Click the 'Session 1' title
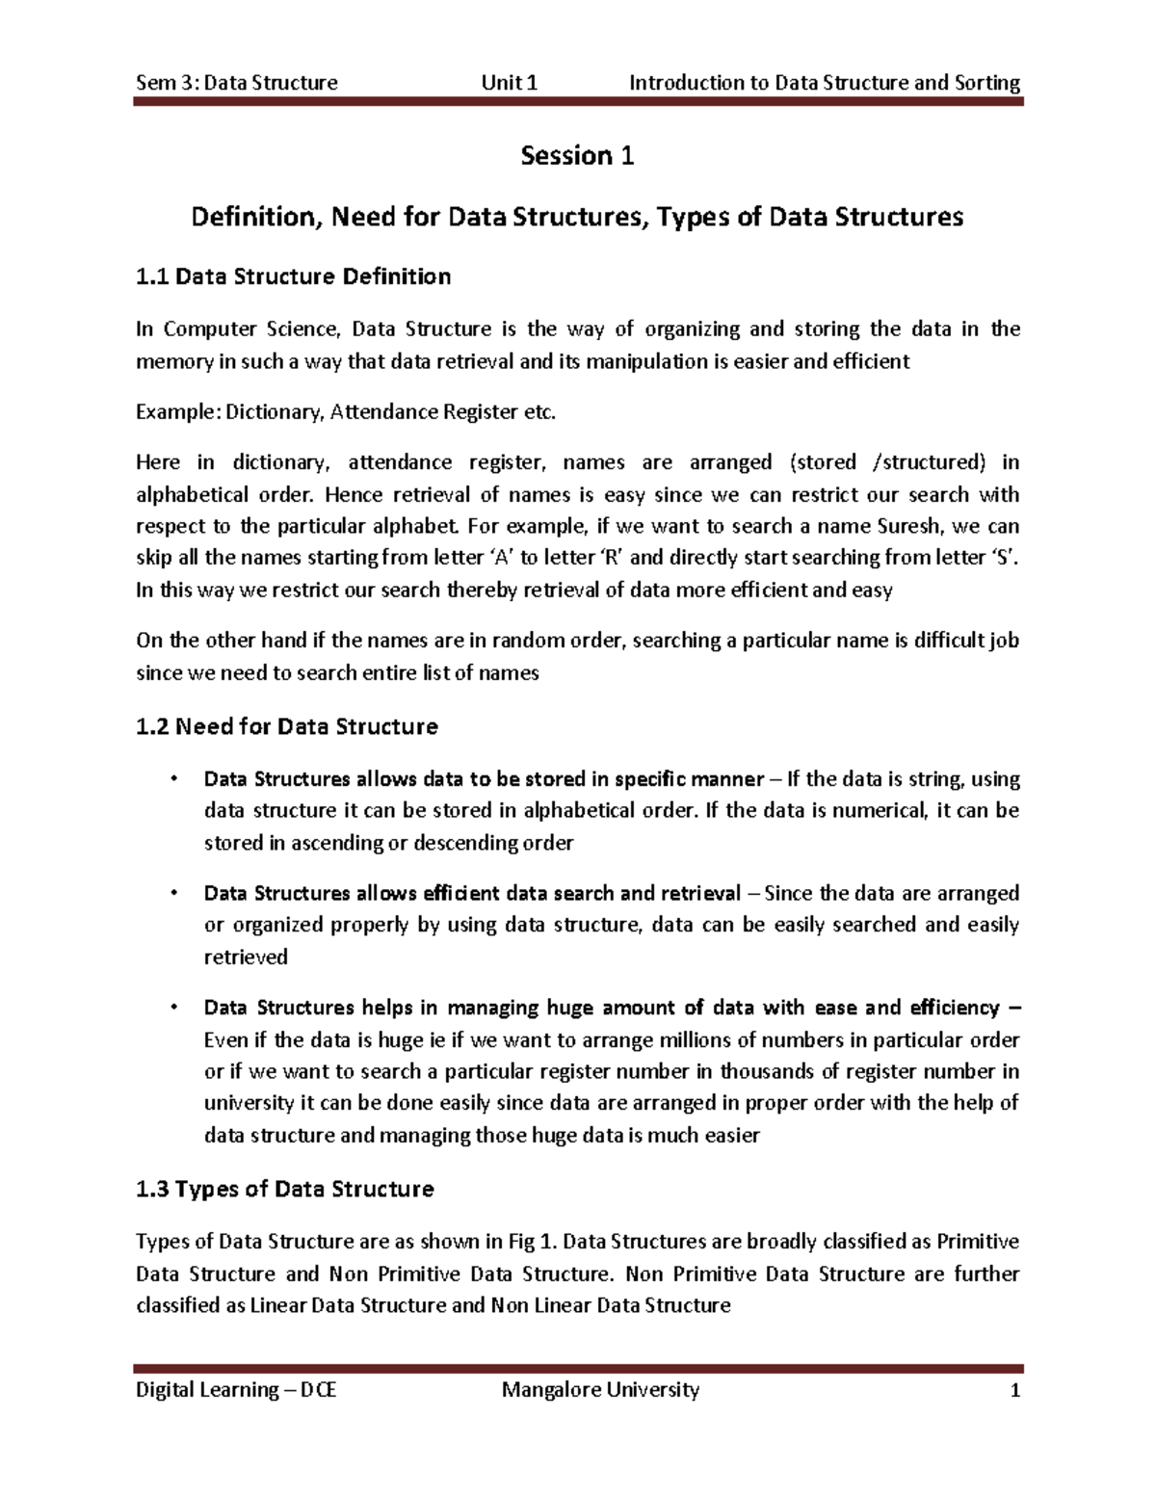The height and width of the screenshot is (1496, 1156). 577,156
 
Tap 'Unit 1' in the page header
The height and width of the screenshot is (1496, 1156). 510,83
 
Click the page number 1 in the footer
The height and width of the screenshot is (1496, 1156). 1013,1390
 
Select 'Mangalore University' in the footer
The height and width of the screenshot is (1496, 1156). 600,1390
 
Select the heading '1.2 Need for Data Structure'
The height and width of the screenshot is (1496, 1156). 287,726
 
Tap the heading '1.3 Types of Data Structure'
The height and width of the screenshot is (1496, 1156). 285,1190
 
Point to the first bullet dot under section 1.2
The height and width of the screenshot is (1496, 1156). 172,778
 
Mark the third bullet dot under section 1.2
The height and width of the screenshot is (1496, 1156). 172,1008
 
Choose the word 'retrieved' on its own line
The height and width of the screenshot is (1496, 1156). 246,958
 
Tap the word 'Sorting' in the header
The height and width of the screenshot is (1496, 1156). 987,83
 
